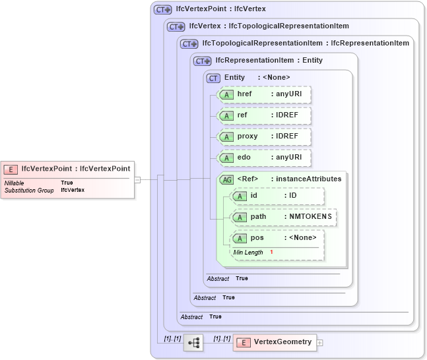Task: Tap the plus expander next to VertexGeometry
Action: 320,343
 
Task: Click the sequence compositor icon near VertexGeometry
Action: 193,343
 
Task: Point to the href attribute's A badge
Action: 226,94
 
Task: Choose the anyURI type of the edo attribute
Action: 289,158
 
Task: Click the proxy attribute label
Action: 247,136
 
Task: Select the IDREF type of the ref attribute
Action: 287,115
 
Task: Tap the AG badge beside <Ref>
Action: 226,179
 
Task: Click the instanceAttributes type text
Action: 308,179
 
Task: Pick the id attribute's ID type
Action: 293,196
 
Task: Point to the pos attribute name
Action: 257,238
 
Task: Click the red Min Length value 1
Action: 271,253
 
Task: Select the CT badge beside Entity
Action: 213,78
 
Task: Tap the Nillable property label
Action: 15,183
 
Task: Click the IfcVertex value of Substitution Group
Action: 73,190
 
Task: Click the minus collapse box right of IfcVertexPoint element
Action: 137,179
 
